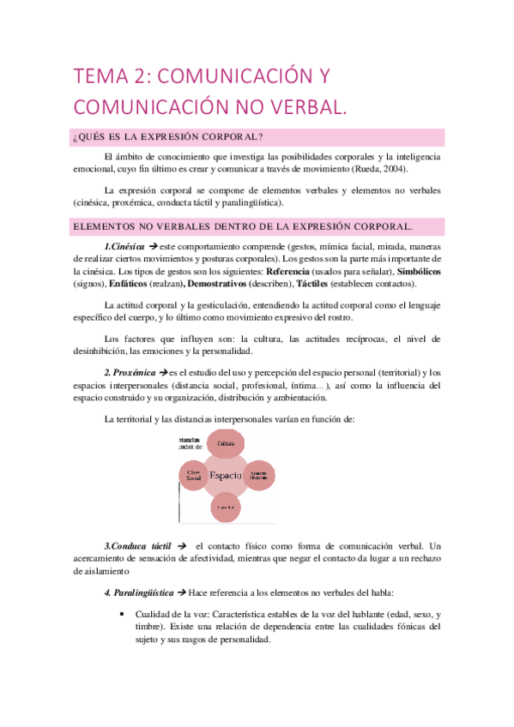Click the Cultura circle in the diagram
pyautogui.click(x=226, y=443)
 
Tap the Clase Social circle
pyautogui.click(x=194, y=475)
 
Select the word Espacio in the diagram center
pyautogui.click(x=226, y=475)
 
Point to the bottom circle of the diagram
pyautogui.click(x=226, y=507)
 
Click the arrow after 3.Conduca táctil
pyautogui.click(x=180, y=546)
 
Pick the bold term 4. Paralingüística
pyautogui.click(x=138, y=592)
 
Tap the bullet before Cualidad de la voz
pyautogui.click(x=126, y=615)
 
